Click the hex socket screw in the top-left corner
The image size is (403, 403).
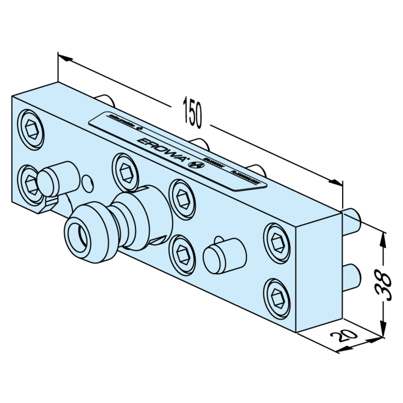click(31, 126)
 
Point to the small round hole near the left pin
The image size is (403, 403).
click(87, 182)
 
